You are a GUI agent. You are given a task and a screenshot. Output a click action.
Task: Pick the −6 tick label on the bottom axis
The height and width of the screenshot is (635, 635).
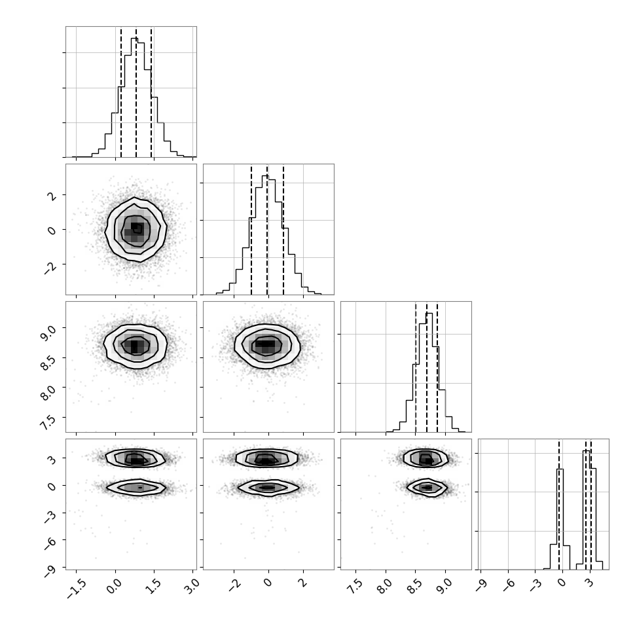click(508, 585)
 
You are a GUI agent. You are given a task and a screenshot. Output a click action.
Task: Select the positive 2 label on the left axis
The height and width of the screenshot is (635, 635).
click(52, 196)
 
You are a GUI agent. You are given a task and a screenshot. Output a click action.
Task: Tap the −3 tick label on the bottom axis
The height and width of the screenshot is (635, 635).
click(535, 585)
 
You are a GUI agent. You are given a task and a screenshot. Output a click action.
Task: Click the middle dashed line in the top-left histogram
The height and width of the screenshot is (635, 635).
click(136, 92)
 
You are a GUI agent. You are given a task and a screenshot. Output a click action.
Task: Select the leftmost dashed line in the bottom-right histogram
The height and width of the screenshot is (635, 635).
click(559, 504)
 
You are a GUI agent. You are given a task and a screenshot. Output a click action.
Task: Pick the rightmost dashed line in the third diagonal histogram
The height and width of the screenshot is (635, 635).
click(437, 367)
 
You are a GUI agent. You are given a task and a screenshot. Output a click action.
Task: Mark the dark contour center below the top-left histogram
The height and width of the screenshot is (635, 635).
click(136, 228)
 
